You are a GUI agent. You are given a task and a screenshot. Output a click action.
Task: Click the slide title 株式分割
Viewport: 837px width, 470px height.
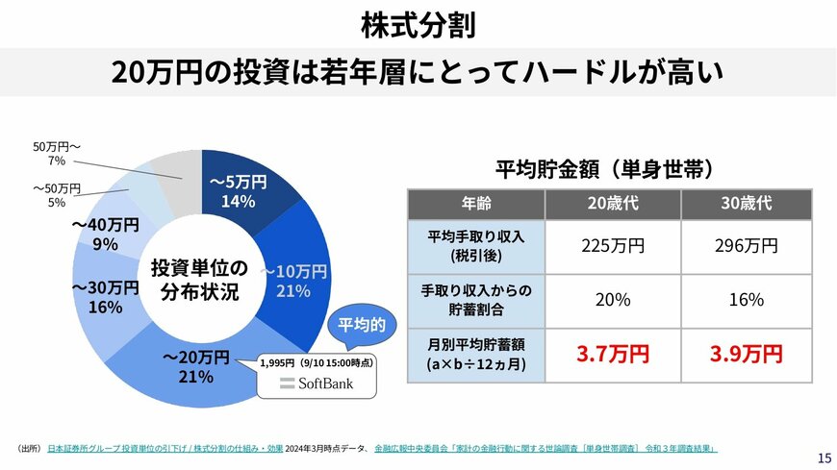418,25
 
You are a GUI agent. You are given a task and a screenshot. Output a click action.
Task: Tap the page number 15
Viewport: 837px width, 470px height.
824,457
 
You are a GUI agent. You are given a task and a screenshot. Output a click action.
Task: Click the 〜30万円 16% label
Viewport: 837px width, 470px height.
105,297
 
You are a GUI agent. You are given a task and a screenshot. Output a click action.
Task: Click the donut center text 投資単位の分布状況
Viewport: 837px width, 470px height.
199,280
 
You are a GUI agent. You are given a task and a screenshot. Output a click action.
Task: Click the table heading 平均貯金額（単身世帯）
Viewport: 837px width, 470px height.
604,170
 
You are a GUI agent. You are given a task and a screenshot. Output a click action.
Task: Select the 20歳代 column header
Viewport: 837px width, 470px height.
612,204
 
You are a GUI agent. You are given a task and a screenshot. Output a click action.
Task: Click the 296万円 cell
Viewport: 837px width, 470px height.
748,245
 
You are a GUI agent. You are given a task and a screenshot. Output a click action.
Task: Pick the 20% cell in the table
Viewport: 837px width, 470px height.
612,300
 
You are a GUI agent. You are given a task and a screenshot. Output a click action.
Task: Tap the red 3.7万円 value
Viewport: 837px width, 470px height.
612,355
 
